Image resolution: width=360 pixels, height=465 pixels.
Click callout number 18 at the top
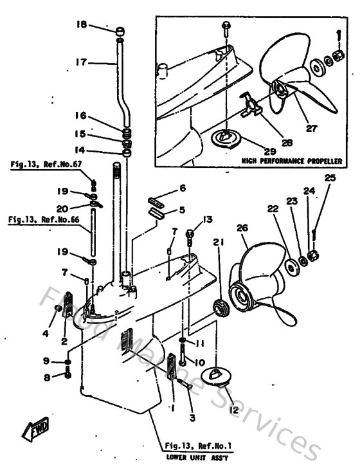click(x=81, y=25)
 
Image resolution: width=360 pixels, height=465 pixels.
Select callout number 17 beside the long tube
click(x=80, y=62)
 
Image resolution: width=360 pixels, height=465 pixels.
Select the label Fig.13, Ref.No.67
click(x=46, y=165)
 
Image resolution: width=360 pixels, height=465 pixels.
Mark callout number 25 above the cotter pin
click(x=330, y=178)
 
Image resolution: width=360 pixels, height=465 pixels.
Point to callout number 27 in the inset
click(x=311, y=127)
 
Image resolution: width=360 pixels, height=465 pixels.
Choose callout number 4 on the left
click(x=45, y=333)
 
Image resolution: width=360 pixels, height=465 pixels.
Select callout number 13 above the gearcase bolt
click(x=206, y=220)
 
